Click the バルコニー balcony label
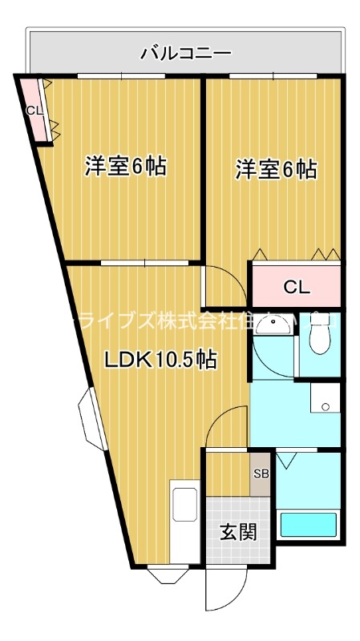[x=186, y=54]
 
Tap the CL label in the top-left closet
[x=34, y=110]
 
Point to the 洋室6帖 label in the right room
[x=275, y=170]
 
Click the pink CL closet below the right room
[x=296, y=286]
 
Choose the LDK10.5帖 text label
[x=160, y=360]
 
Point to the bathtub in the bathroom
[x=308, y=526]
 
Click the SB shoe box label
[x=261, y=474]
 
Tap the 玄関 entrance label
[x=238, y=531]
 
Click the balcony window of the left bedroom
[x=122, y=75]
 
